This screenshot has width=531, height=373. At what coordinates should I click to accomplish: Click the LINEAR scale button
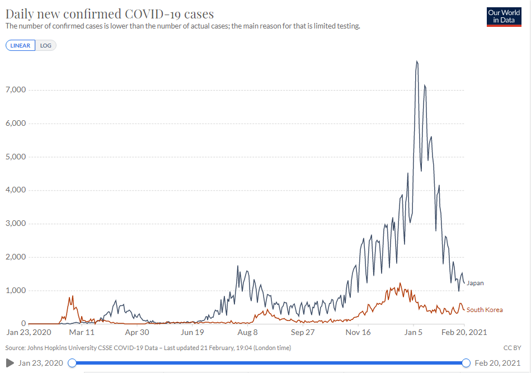pyautogui.click(x=20, y=45)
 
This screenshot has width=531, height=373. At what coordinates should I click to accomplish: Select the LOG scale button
pyautogui.click(x=45, y=45)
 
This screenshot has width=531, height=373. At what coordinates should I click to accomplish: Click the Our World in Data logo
pyautogui.click(x=504, y=17)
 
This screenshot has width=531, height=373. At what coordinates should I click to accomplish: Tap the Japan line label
pyautogui.click(x=475, y=283)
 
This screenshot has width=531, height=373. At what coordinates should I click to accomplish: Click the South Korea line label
pyautogui.click(x=485, y=310)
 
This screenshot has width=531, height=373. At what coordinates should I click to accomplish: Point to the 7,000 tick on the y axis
pyautogui.click(x=15, y=90)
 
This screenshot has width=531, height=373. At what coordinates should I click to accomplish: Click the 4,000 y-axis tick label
pyautogui.click(x=15, y=190)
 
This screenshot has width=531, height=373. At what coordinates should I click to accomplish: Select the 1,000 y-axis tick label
pyautogui.click(x=15, y=291)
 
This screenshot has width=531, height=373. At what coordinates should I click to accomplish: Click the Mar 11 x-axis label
pyautogui.click(x=82, y=332)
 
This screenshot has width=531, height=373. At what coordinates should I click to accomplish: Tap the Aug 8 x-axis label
pyautogui.click(x=248, y=332)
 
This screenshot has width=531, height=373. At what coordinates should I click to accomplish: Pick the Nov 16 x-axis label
pyautogui.click(x=358, y=332)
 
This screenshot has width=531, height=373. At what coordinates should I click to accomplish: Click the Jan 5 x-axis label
pyautogui.click(x=413, y=332)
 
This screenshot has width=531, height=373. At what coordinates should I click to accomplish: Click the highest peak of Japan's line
pyautogui.click(x=417, y=62)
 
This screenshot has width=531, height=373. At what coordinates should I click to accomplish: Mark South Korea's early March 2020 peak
pyautogui.click(x=72, y=296)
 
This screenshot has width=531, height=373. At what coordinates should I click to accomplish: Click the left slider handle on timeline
pyautogui.click(x=72, y=363)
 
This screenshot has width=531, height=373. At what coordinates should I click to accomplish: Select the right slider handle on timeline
pyautogui.click(x=466, y=363)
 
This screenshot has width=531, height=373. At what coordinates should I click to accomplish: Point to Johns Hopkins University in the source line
pyautogui.click(x=59, y=348)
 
